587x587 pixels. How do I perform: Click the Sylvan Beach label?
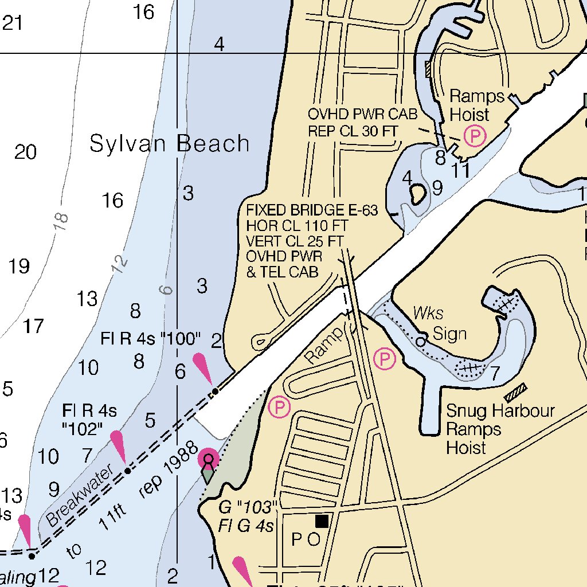[170, 143]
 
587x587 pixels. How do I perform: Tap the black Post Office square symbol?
[322, 521]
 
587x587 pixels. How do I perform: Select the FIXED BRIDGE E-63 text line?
[312, 210]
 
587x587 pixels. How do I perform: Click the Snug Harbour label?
[500, 411]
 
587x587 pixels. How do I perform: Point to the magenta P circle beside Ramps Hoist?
[475, 136]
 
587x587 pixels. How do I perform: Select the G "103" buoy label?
[248, 507]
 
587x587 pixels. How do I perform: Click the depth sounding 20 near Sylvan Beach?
[26, 152]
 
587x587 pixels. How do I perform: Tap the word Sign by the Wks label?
[449, 334]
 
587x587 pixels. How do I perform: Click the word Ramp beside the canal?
[324, 346]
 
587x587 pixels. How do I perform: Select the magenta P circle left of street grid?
[279, 408]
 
